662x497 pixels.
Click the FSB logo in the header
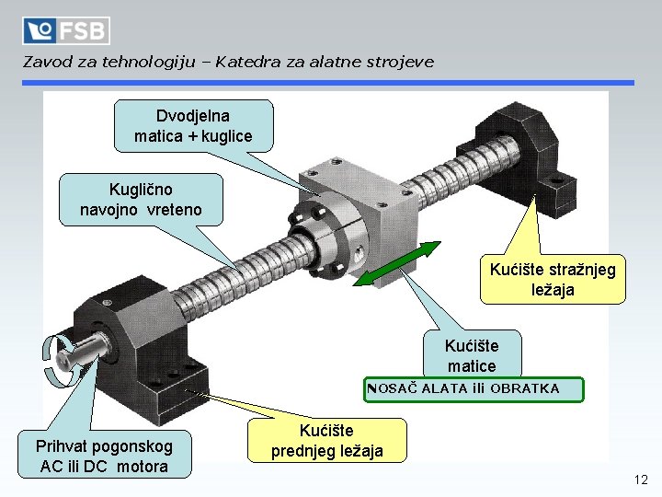click(66, 30)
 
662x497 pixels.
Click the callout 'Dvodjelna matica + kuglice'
click(193, 126)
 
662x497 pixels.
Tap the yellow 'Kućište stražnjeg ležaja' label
click(553, 280)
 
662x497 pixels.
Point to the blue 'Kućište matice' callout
click(471, 355)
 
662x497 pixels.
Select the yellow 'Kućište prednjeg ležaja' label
click(327, 441)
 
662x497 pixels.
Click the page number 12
click(641, 480)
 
